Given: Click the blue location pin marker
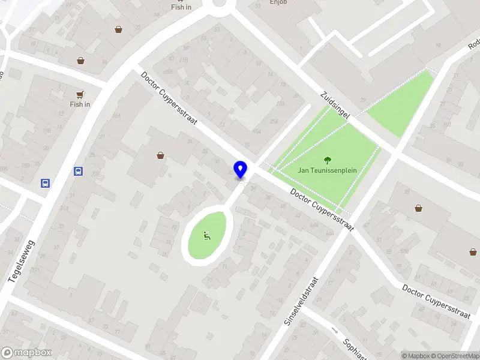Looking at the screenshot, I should (240, 169).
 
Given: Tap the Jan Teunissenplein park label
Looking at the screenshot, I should (328, 170).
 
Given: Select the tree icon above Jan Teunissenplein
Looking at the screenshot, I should (328, 160).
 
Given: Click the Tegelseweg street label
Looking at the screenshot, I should (23, 262).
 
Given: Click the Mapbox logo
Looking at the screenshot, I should (26, 353).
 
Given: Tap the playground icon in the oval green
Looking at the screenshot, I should (207, 236).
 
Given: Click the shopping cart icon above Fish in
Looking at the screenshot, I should (80, 94).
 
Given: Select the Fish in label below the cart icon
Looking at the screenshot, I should (80, 104).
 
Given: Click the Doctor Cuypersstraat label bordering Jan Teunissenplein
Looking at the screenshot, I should (321, 209).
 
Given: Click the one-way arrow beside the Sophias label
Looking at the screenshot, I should (335, 331).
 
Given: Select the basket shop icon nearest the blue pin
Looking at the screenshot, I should (161, 155).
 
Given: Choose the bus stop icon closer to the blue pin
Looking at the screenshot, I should (78, 172).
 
